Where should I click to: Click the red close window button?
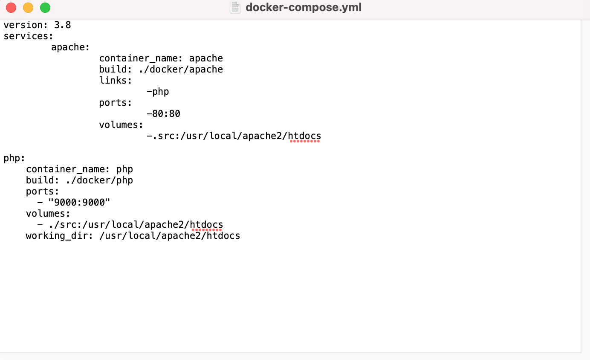[11, 8]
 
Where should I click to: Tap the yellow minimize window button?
[28, 8]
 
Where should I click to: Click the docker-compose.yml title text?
[303, 8]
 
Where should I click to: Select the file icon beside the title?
[235, 8]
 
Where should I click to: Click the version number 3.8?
[62, 25]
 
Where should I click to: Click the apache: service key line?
[70, 47]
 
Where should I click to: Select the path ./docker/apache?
[181, 70]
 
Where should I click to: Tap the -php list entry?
[158, 92]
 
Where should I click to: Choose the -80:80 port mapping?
[163, 114]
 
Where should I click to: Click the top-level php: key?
[14, 158]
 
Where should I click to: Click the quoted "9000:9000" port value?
[79, 203]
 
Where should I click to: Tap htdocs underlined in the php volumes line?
[206, 225]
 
